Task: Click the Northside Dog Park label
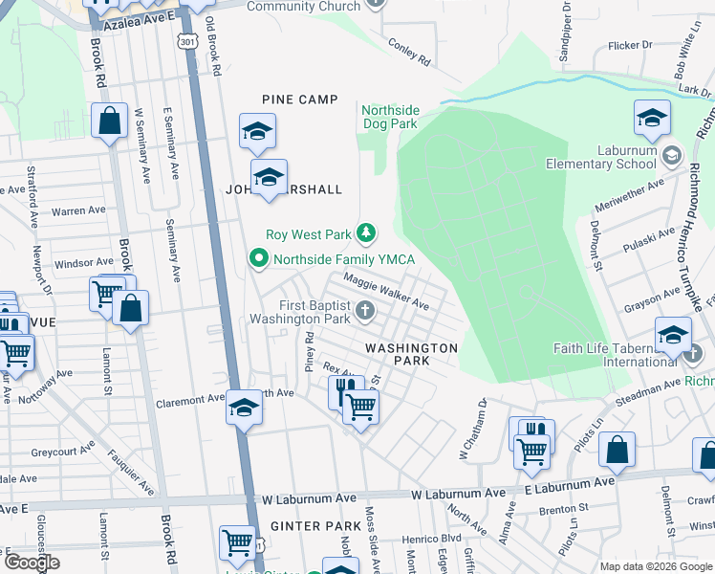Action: tap(389, 117)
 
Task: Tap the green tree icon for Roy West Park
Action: tap(365, 232)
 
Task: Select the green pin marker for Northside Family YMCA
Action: tap(256, 258)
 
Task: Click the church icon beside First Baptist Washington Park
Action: tap(364, 311)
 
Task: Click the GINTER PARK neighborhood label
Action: tap(302, 526)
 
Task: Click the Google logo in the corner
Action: tap(32, 563)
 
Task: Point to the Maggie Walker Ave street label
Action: tap(386, 293)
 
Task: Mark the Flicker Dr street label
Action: tap(630, 44)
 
